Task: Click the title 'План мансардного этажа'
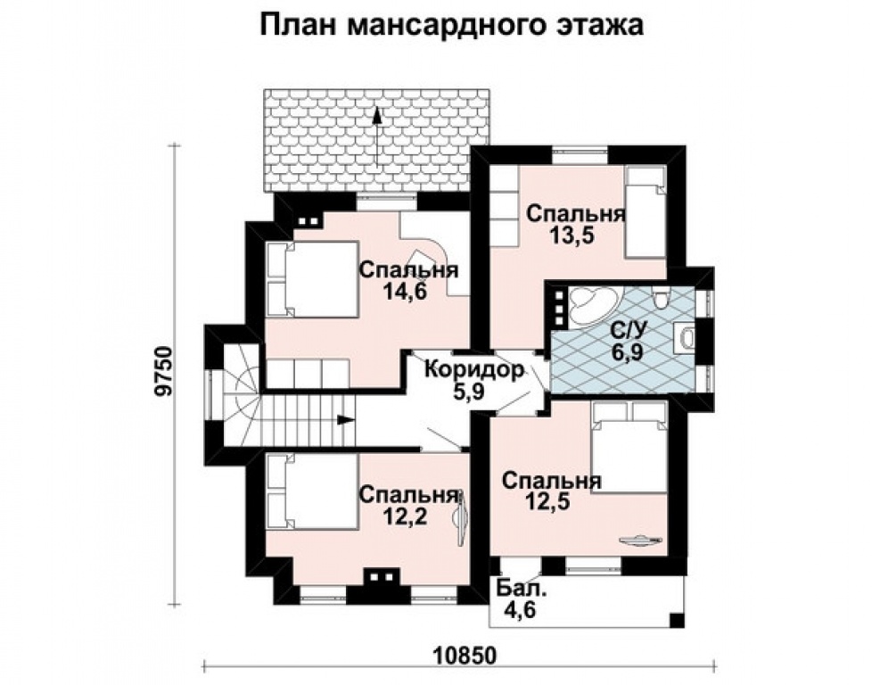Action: pyautogui.click(x=451, y=25)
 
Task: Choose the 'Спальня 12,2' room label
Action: pyautogui.click(x=408, y=505)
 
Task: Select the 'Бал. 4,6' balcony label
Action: pyautogui.click(x=516, y=600)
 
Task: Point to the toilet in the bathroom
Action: pyautogui.click(x=660, y=298)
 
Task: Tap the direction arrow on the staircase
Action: pyautogui.click(x=343, y=417)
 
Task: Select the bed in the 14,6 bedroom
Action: pyautogui.click(x=312, y=278)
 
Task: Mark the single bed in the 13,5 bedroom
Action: pyautogui.click(x=644, y=214)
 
